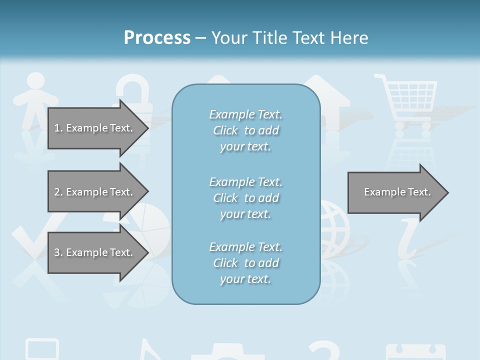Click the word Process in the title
point(157,38)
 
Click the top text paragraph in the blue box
point(245,130)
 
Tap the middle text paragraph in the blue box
point(245,198)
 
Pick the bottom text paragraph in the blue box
point(245,263)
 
